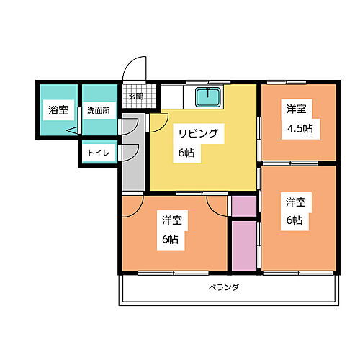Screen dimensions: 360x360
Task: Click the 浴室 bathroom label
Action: click(x=58, y=110)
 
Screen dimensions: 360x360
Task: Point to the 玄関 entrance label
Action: click(x=135, y=96)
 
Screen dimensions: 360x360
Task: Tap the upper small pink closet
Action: click(x=243, y=205)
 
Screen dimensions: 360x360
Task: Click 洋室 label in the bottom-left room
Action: click(x=171, y=220)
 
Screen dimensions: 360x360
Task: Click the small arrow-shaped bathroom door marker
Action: click(x=72, y=131)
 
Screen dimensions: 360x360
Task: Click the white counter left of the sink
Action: click(x=175, y=96)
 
